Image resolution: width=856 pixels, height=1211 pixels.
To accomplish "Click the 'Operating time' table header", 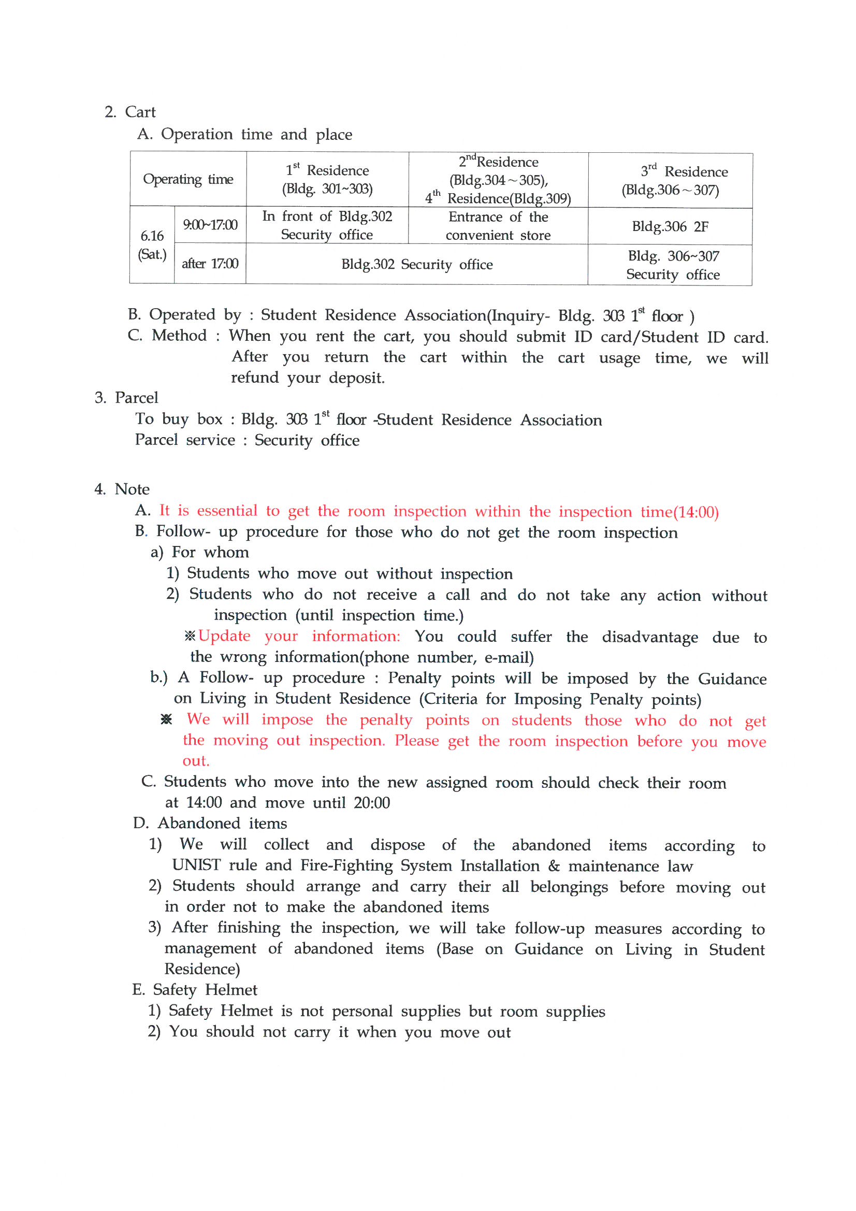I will pyautogui.click(x=188, y=179).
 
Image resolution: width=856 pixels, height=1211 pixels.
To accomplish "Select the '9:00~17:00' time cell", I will pyautogui.click(x=210, y=225).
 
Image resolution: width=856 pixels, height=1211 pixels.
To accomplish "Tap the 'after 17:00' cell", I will pyautogui.click(x=210, y=264).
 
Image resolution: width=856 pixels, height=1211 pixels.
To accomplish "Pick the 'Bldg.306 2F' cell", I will pyautogui.click(x=670, y=227).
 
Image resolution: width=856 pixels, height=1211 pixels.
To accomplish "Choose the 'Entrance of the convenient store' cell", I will pyautogui.click(x=498, y=226).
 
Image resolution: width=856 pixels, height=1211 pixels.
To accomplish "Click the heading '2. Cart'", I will pyautogui.click(x=130, y=112).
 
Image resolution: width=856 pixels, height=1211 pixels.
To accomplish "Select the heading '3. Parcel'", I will pyautogui.click(x=126, y=398).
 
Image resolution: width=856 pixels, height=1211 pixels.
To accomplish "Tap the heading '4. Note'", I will pyautogui.click(x=122, y=489).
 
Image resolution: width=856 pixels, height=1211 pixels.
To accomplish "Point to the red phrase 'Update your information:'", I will pyautogui.click(x=299, y=636).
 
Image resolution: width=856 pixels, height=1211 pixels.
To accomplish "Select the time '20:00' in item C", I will pyautogui.click(x=372, y=803).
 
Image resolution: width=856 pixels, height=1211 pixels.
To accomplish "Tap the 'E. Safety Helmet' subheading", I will pyautogui.click(x=195, y=990).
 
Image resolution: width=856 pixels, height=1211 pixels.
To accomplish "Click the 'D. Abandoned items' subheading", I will pyautogui.click(x=210, y=824).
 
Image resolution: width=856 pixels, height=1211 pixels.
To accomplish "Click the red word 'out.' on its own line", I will pyautogui.click(x=196, y=761).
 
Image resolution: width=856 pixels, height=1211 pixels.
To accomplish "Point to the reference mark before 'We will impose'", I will pyautogui.click(x=166, y=719).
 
